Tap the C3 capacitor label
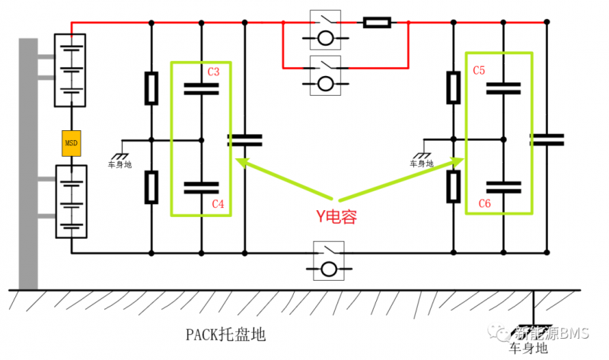[x=214, y=72]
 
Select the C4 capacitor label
[x=217, y=204]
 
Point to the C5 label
[x=479, y=71]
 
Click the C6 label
[x=483, y=203]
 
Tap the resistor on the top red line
[x=377, y=23]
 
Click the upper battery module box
[x=71, y=69]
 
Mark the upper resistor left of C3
[x=151, y=88]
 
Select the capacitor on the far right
[x=547, y=139]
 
